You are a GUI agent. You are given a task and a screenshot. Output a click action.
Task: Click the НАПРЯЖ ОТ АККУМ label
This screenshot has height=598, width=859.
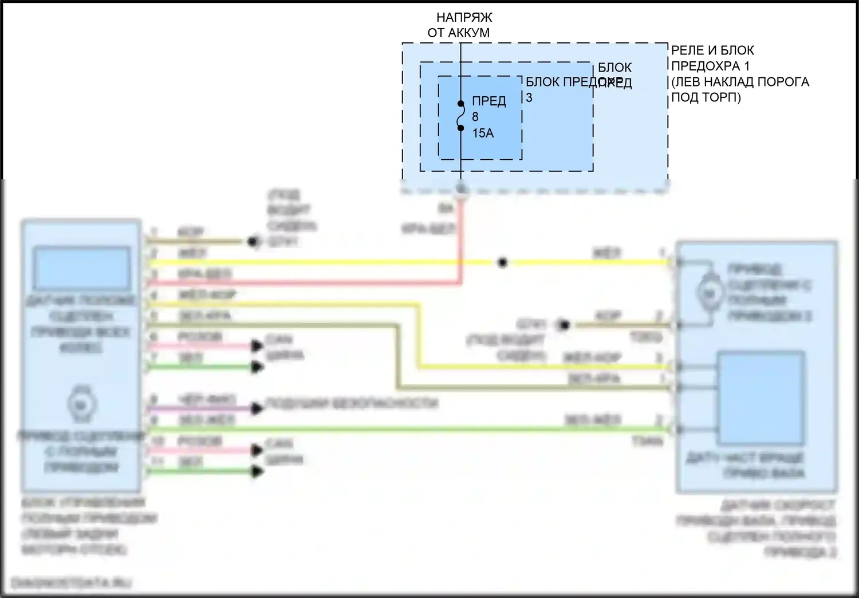[x=459, y=25]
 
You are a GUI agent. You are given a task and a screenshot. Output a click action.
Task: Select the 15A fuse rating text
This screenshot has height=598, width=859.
[x=483, y=133]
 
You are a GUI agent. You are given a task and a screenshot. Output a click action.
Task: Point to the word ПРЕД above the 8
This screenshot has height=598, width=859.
[x=489, y=101]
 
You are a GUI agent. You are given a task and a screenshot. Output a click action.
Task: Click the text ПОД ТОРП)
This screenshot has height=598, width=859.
[x=706, y=97]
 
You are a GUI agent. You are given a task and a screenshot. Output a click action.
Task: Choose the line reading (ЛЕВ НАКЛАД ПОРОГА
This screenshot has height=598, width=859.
[x=740, y=82]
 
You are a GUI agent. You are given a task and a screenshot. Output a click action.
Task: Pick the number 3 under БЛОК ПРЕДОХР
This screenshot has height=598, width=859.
[x=529, y=98]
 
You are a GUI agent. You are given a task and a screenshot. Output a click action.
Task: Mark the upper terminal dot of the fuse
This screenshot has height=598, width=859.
[x=460, y=104]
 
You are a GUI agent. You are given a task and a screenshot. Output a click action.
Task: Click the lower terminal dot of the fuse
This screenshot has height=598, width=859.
[x=460, y=128]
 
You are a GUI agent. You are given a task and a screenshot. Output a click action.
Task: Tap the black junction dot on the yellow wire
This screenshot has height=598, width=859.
[x=502, y=263]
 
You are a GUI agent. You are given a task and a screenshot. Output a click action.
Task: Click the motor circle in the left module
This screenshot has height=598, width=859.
[x=80, y=404]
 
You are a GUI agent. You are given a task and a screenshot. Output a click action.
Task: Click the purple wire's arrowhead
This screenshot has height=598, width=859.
[x=257, y=408]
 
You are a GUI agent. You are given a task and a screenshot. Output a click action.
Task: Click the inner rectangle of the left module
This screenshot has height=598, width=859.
[x=81, y=268]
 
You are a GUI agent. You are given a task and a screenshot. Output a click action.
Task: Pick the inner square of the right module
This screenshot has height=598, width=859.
[x=761, y=398]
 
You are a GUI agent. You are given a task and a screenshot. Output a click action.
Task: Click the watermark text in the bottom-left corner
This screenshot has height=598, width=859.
[x=71, y=583]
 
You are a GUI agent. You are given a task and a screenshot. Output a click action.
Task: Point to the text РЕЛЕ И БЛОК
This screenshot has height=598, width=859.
[x=712, y=50]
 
